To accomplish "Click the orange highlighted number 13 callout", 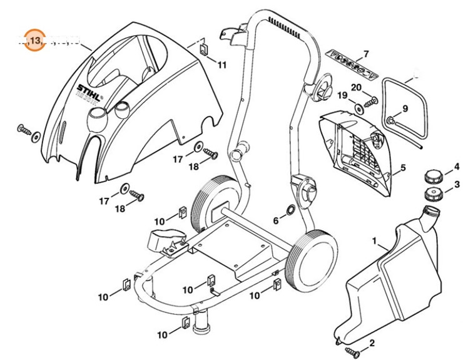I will [x=35, y=41].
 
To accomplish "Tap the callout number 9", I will [x=405, y=108].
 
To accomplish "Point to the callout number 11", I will [x=223, y=64].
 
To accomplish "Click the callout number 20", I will [x=356, y=87].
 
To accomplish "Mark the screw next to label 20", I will [x=373, y=98].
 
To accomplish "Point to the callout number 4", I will [x=457, y=168].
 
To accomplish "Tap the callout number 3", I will [x=457, y=185].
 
